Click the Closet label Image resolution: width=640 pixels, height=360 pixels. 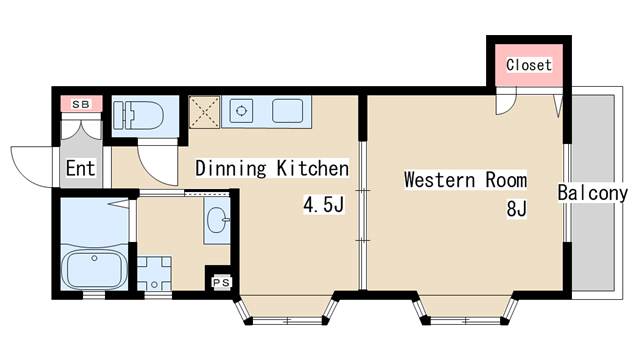coord(529,65)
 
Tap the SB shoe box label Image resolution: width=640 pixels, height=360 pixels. coord(81,104)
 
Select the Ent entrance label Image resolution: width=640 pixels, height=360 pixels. coord(80,168)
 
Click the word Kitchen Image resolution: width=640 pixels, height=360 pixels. coord(313,168)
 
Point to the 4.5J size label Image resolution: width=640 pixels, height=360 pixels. coord(323,204)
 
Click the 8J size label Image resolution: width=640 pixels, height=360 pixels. coord(517,208)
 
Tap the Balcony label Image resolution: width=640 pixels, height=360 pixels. coord(593,193)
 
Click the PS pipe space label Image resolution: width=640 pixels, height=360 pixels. coord(222,282)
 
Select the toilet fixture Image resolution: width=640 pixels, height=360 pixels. coord(138,116)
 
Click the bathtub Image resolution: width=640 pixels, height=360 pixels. coord(94,267)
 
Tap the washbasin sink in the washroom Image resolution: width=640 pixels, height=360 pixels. coord(217,220)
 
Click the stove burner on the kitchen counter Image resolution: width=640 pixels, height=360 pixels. coord(241,111)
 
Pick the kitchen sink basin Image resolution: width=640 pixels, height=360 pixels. coord(287,111)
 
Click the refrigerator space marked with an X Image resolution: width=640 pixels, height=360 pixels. coord(204,112)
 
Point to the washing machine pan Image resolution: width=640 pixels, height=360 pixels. coord(154,273)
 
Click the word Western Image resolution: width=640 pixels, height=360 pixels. coord(440,180)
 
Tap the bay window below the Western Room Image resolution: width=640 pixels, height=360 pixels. coord(465,310)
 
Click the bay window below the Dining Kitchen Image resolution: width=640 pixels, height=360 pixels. coord(287,310)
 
